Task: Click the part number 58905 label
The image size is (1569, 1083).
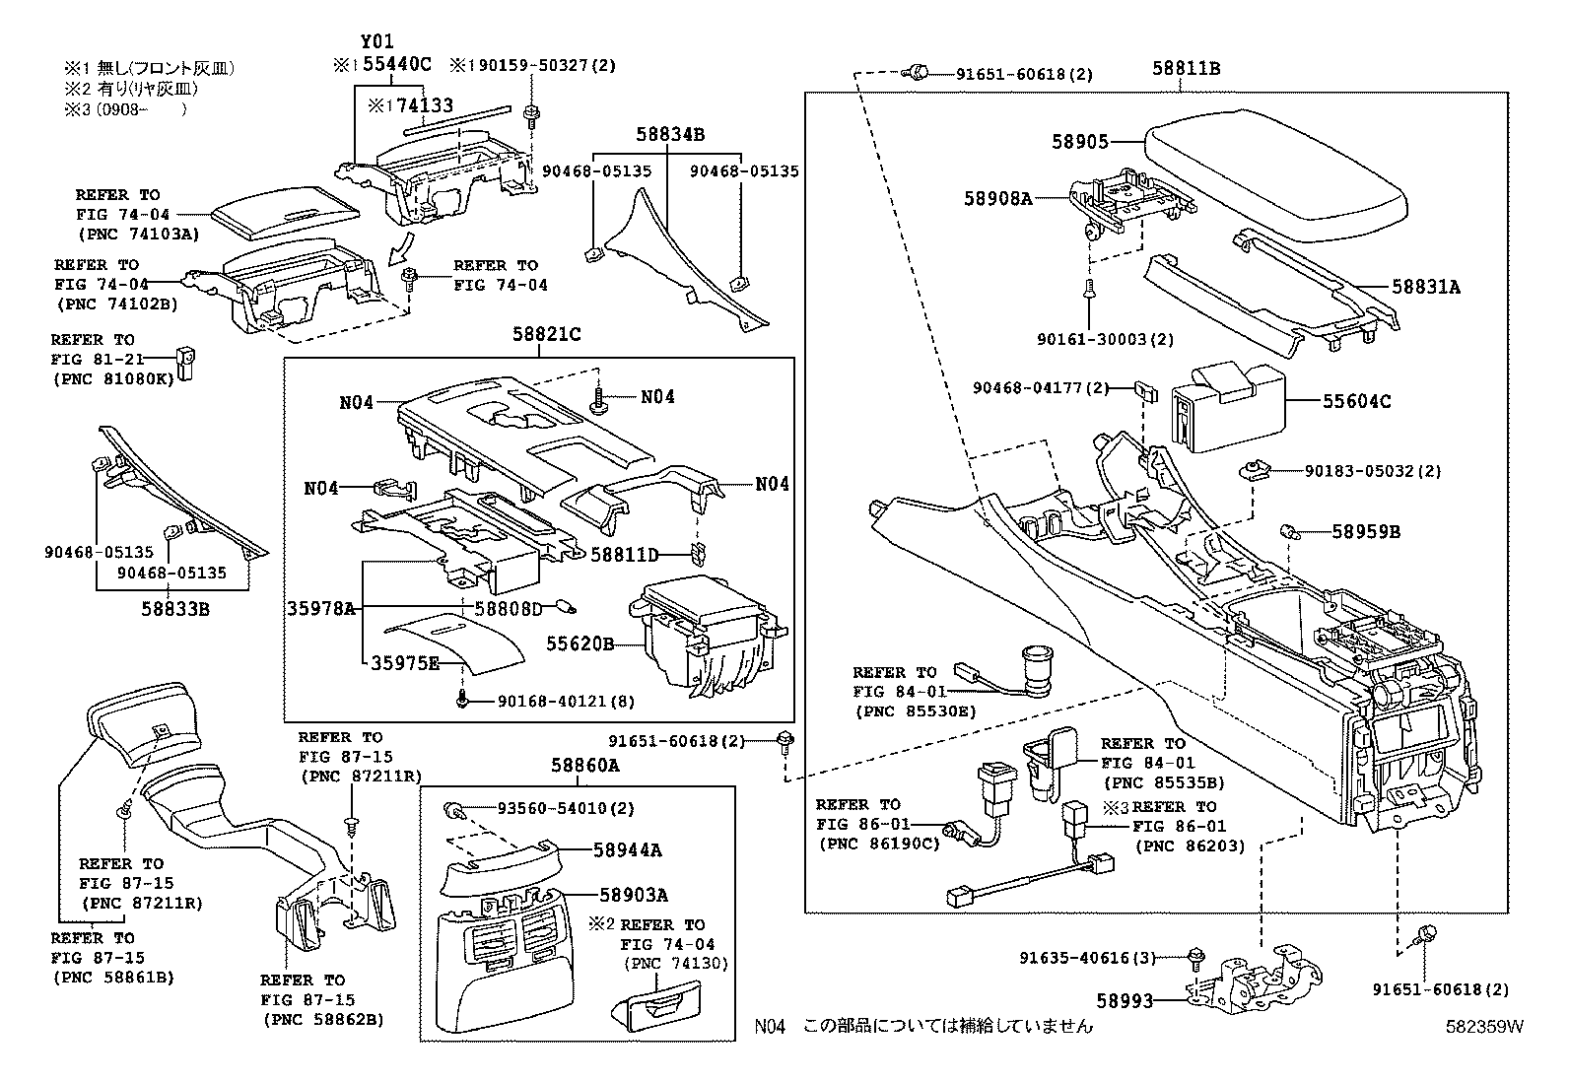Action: pyautogui.click(x=1079, y=142)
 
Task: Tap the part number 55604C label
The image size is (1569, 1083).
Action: pyautogui.click(x=1356, y=401)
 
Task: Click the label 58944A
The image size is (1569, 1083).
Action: pyautogui.click(x=627, y=849)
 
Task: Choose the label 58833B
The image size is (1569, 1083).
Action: pyautogui.click(x=174, y=609)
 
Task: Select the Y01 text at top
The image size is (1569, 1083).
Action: pyautogui.click(x=376, y=41)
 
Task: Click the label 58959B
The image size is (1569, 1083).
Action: pyautogui.click(x=1365, y=532)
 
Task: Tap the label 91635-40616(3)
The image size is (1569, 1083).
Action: pyautogui.click(x=1086, y=957)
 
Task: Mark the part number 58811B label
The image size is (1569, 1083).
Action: pyautogui.click(x=1186, y=68)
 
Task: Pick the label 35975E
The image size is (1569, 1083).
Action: pyautogui.click(x=405, y=663)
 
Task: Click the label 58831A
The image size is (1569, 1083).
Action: pyautogui.click(x=1425, y=287)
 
